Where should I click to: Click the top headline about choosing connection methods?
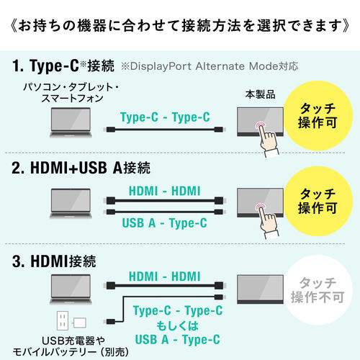tap(180, 27)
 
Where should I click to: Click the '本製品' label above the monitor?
tap(260, 94)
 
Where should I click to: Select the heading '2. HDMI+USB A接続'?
tap(81, 169)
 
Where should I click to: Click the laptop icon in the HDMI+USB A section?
tap(69, 205)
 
